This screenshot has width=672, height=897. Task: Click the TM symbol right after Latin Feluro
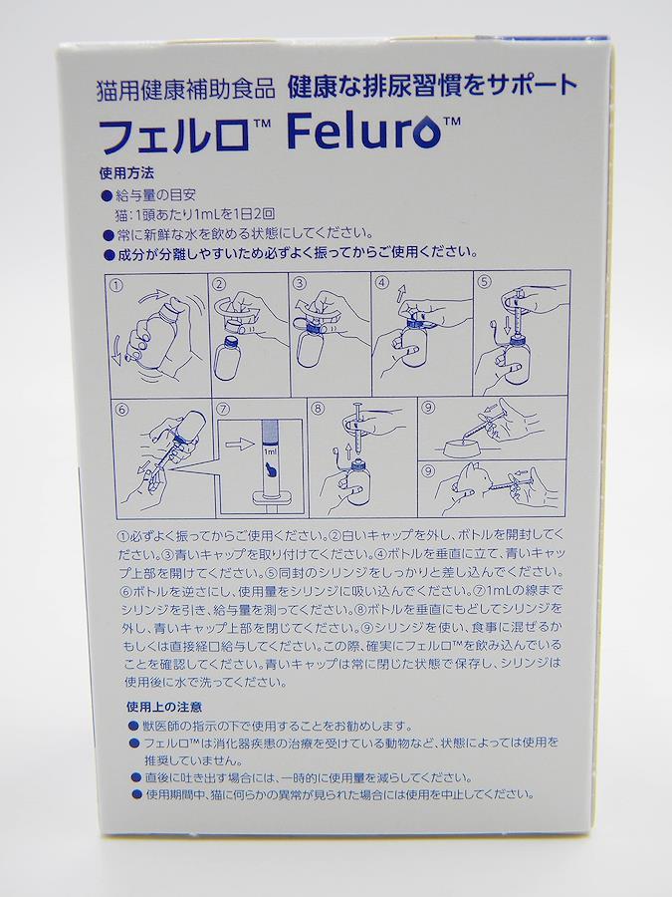point(452,122)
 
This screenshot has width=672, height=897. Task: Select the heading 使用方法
point(126,172)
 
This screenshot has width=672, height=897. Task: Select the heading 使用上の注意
point(164,707)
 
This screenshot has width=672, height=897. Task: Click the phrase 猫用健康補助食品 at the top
point(186,89)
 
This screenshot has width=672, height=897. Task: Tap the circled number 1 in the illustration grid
point(116,285)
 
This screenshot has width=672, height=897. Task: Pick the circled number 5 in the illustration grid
point(485,281)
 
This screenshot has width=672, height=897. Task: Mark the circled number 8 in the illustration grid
point(319,409)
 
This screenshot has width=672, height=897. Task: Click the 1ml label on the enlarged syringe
point(270,451)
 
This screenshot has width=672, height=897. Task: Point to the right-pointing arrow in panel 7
point(239,444)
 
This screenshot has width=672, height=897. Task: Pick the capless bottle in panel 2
point(226,359)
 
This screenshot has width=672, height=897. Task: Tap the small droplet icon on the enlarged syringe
point(269,469)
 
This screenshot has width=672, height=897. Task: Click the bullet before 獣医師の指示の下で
point(134,727)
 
